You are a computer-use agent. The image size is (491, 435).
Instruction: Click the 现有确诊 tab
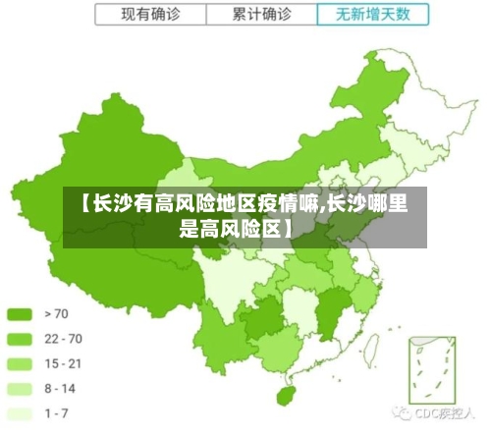[x=150, y=15]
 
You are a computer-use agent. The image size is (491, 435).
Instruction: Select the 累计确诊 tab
[x=262, y=15]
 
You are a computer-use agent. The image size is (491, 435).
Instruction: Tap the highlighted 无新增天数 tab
[x=373, y=15]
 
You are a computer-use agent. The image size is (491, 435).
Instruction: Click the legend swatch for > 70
[x=20, y=314]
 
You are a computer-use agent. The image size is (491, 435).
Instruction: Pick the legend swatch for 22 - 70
[x=20, y=339]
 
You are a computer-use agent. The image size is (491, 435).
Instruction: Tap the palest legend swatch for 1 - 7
[x=20, y=413]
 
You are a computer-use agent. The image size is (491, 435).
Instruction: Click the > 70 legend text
[x=58, y=314]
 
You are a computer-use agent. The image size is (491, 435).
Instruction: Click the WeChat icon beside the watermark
[x=402, y=413]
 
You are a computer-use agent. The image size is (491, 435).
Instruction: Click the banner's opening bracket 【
[x=83, y=204]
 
